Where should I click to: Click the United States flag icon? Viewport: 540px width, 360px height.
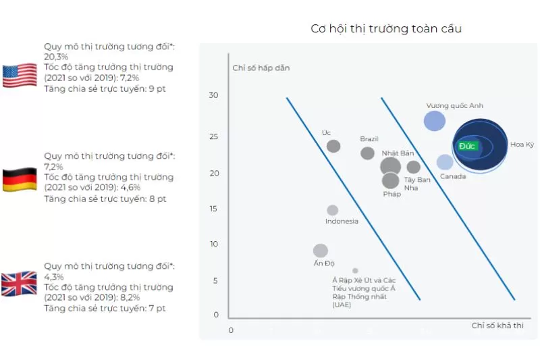20,76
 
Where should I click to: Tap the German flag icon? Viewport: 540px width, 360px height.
20,180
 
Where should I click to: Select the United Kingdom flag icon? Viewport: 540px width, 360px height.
20,284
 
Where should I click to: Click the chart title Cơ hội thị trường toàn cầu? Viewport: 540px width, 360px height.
386,28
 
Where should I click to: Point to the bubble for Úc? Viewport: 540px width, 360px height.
333,146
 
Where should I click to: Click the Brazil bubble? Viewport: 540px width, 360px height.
367,153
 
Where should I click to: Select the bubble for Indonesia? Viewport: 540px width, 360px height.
332,210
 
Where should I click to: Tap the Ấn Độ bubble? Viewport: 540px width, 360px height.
321,251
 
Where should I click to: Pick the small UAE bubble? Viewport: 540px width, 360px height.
355,271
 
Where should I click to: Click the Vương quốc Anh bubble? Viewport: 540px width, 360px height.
435,121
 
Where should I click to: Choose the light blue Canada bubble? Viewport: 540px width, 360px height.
445,162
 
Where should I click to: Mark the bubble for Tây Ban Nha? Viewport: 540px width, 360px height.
414,167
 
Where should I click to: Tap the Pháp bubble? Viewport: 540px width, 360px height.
390,180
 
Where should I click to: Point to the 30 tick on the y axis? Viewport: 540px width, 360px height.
213,95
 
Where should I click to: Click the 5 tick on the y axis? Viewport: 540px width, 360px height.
215,280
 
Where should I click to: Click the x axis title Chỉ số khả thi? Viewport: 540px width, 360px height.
497,326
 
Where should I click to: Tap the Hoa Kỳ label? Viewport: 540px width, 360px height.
522,145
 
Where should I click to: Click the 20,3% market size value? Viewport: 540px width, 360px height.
55,57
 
